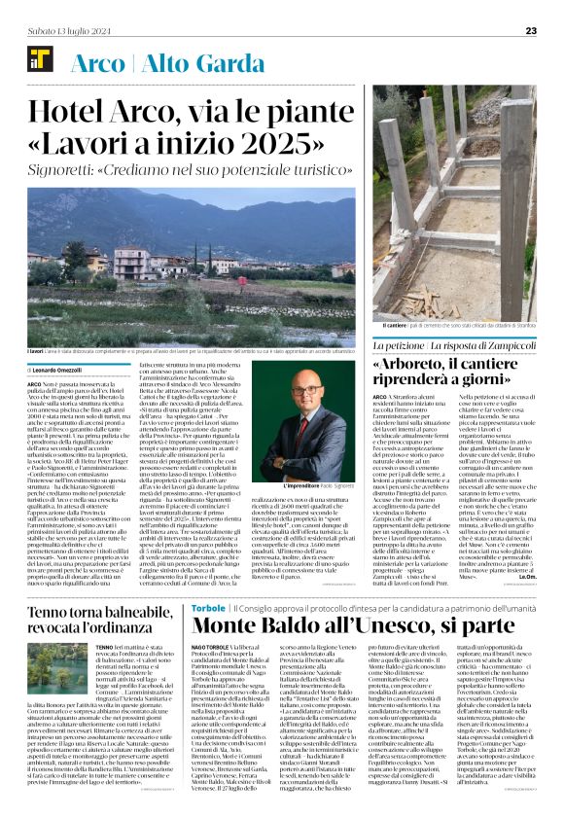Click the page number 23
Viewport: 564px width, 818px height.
[x=530, y=30]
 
